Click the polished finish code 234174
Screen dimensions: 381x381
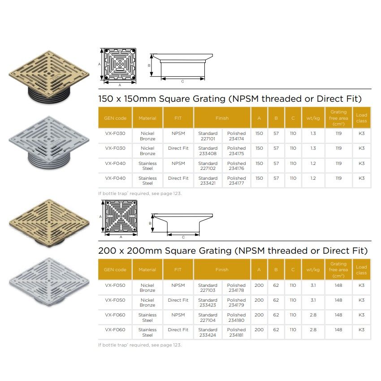tap(236, 136)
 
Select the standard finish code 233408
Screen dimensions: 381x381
tap(208, 151)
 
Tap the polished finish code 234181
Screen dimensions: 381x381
tap(236, 332)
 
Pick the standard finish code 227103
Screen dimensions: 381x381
tap(208, 288)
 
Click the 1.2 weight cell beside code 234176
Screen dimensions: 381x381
tap(313, 163)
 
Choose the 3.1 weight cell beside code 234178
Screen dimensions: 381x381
tap(313, 285)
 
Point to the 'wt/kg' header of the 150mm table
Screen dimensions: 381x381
tap(313, 118)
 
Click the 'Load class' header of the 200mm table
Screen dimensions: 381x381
tap(361, 270)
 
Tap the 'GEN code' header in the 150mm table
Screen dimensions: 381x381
tap(115, 118)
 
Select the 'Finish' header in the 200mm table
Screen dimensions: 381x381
tap(222, 270)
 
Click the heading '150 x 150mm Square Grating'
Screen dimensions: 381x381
tap(229, 99)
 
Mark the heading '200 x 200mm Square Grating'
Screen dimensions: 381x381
tap(233, 251)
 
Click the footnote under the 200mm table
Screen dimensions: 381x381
tap(140, 345)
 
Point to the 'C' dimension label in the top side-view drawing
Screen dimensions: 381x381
tap(182, 81)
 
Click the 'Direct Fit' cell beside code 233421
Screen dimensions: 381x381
tap(178, 178)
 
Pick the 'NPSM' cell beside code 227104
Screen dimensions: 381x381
tap(178, 315)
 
